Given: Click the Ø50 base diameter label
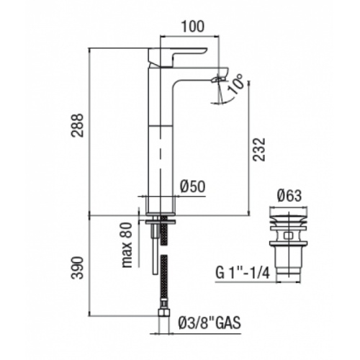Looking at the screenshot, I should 192,185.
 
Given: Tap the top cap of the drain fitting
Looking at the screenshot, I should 289,213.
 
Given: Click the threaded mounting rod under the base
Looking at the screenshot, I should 153,245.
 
